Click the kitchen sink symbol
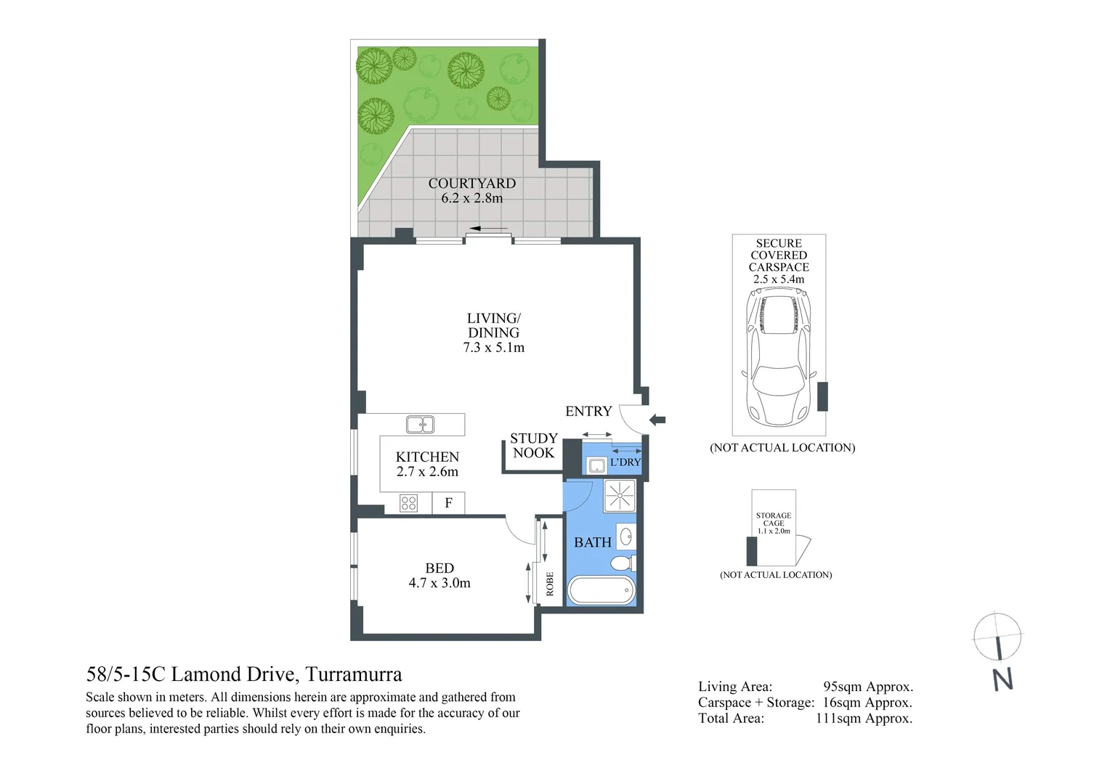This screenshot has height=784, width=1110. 420,424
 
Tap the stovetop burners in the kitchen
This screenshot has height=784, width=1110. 408,502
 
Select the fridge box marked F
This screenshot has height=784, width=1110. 448,502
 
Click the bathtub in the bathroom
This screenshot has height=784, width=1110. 601,589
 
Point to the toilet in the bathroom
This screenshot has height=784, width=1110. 623,563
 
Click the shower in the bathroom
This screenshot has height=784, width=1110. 620,496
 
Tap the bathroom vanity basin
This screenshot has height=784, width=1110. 625,537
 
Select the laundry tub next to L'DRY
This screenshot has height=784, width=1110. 596,465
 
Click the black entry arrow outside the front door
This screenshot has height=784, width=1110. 657,419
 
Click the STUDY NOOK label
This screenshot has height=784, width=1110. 533,446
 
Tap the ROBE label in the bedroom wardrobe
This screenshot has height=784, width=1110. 550,584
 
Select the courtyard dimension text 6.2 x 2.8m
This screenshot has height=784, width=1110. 471,198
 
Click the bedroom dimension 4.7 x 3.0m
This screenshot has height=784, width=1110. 439,583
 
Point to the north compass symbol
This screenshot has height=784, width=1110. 998,639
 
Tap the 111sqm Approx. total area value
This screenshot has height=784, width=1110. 864,719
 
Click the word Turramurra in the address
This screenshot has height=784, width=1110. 353,674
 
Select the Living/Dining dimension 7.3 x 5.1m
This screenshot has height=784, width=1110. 493,348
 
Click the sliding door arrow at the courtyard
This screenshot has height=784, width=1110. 489,229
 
